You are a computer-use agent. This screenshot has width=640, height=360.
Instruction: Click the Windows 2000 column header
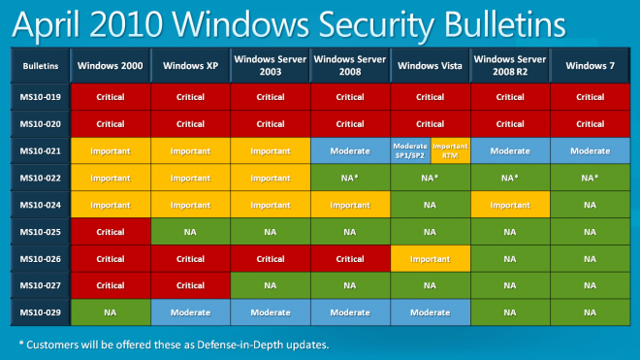pyautogui.click(x=111, y=67)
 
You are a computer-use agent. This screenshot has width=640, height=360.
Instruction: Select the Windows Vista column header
pyautogui.click(x=430, y=67)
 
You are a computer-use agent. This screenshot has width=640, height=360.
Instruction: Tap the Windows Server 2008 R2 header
pyautogui.click(x=510, y=67)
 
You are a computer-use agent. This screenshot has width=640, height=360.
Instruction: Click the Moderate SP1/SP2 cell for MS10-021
pyautogui.click(x=409, y=151)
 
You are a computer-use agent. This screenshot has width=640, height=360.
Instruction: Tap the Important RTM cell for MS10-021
pyautogui.click(x=450, y=151)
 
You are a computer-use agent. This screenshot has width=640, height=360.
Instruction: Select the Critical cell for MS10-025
pyautogui.click(x=111, y=234)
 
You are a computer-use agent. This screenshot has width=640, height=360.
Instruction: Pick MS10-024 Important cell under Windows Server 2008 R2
pyautogui.click(x=510, y=206)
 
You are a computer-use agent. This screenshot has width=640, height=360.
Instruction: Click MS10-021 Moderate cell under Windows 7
pyautogui.click(x=591, y=151)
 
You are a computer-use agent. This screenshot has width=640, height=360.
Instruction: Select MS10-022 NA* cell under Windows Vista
pyautogui.click(x=430, y=179)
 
